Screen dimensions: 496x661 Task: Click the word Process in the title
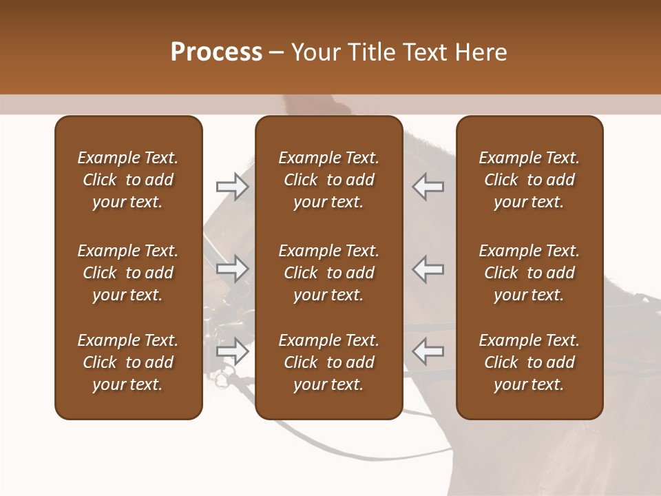pyautogui.click(x=216, y=52)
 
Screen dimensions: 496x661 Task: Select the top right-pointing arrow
pyautogui.click(x=232, y=187)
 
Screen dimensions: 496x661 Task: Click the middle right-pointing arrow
pyautogui.click(x=232, y=269)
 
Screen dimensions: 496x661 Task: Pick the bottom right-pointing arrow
pyautogui.click(x=232, y=351)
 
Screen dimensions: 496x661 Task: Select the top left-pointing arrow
pyautogui.click(x=428, y=187)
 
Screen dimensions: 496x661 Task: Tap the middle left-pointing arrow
pyautogui.click(x=428, y=269)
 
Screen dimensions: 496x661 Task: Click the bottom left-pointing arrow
pyautogui.click(x=428, y=351)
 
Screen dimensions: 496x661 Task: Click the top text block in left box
pyautogui.click(x=128, y=180)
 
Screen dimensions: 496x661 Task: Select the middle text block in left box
pyautogui.click(x=128, y=273)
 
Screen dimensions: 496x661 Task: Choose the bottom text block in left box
pyautogui.click(x=128, y=362)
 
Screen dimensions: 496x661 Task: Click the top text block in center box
pyautogui.click(x=328, y=180)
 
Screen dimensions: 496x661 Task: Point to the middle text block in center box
pyautogui.click(x=328, y=273)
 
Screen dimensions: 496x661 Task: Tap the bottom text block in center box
pyautogui.click(x=328, y=362)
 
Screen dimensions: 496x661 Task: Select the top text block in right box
pyautogui.click(x=529, y=180)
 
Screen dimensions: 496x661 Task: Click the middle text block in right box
pyautogui.click(x=529, y=273)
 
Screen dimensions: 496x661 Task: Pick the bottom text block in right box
pyautogui.click(x=529, y=362)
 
